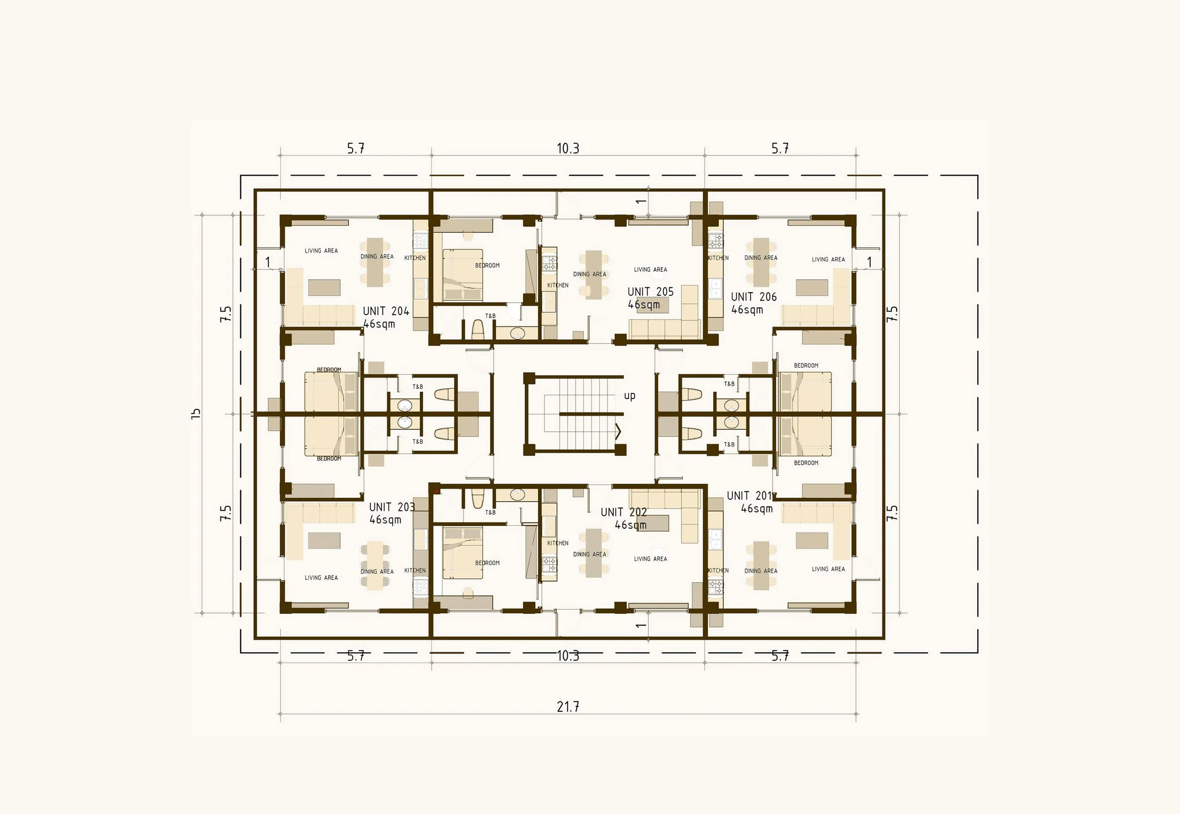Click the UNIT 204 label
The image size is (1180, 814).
coord(386,311)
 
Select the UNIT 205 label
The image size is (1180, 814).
coord(650,292)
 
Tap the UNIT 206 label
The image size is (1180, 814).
coord(753,297)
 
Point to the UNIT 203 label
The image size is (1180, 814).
coord(392,507)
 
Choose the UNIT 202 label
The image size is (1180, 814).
coord(624,512)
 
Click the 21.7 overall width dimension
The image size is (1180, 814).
coord(568,707)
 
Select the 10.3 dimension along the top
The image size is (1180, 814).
coord(568,149)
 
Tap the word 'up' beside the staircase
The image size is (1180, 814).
coord(630,395)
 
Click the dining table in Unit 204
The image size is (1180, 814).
coord(375,261)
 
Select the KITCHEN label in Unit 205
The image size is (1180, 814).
coord(557,285)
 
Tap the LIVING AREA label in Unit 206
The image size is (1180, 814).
coord(828,260)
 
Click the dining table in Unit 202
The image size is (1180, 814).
coord(593,553)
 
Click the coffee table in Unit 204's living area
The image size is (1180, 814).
coord(324,288)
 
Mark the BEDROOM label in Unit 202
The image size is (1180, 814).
coord(487,563)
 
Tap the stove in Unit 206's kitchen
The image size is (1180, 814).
coord(716,240)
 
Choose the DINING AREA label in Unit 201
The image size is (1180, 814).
coord(761,571)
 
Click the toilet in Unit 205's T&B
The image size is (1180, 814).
coord(478,329)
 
